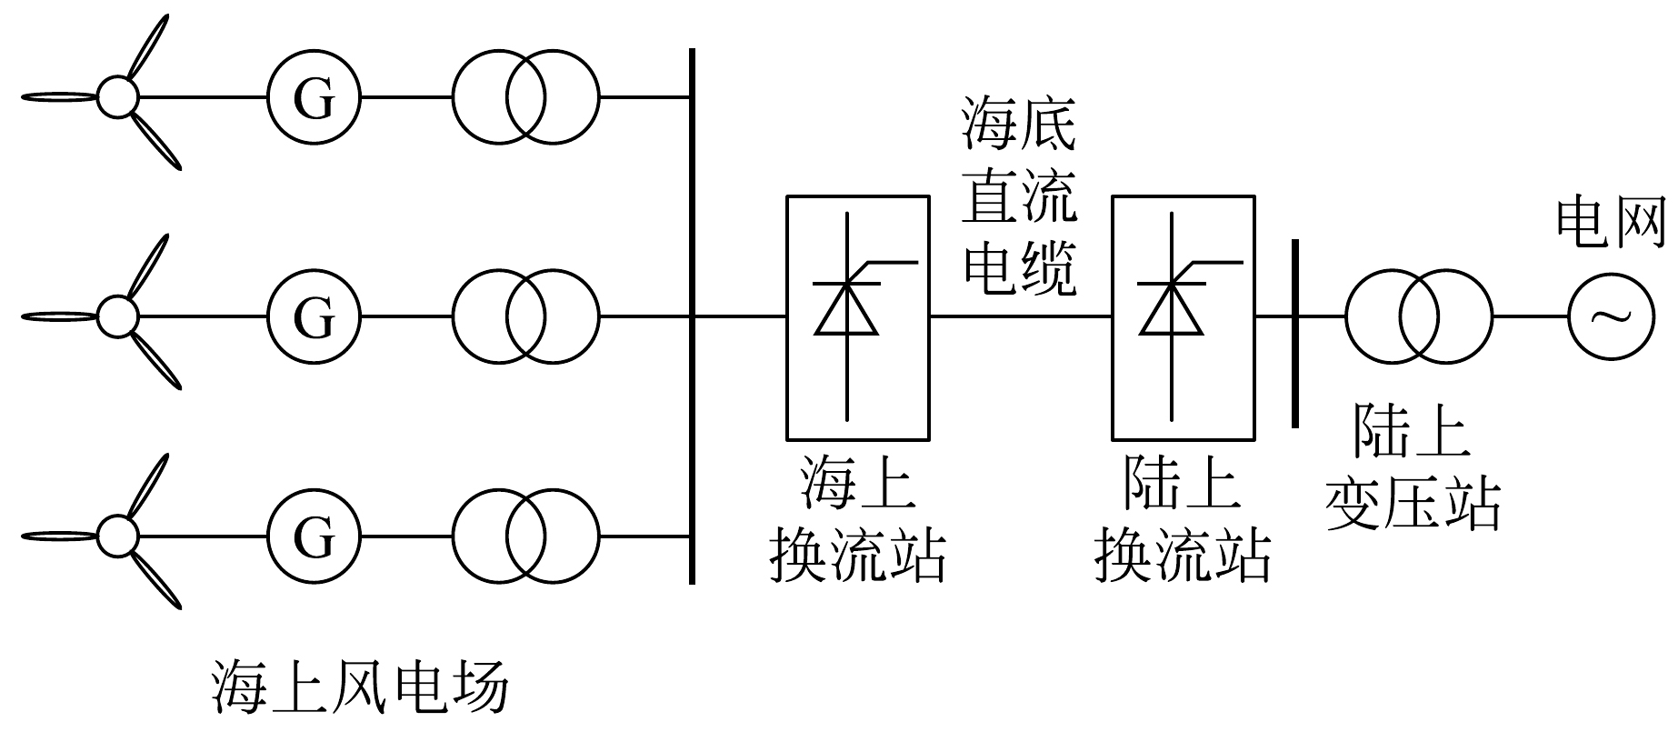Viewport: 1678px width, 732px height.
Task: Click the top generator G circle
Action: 314,97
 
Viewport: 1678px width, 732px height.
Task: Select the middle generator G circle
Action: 314,316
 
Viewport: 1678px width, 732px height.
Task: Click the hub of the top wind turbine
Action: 117,96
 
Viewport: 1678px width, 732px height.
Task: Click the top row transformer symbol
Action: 525,97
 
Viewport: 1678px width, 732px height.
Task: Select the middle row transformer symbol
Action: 525,316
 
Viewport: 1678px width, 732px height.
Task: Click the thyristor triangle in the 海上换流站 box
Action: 846,309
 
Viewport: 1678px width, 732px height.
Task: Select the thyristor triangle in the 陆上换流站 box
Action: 1173,309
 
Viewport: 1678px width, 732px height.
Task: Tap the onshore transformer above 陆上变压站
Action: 1418,316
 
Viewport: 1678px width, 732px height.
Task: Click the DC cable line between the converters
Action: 1020,316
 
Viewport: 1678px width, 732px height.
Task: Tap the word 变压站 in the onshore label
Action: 1413,503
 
